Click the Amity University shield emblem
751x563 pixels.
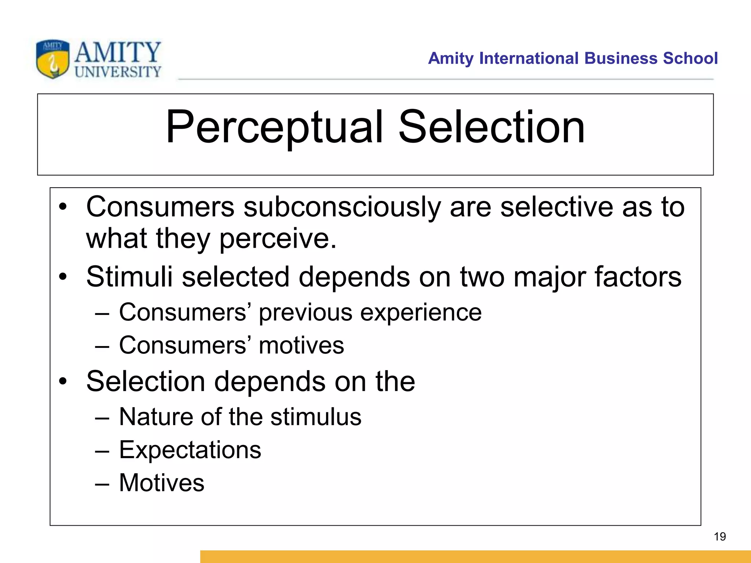point(52,59)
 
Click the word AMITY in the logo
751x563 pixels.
point(118,52)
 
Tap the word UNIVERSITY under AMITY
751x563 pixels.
point(118,71)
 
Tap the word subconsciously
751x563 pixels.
point(342,207)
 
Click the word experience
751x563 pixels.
point(421,313)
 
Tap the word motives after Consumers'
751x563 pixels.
point(301,345)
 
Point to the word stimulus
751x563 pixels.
point(316,417)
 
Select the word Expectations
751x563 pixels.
point(190,450)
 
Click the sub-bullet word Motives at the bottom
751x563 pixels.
point(162,482)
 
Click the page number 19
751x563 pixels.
point(720,537)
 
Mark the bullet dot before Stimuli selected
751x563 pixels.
point(63,277)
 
